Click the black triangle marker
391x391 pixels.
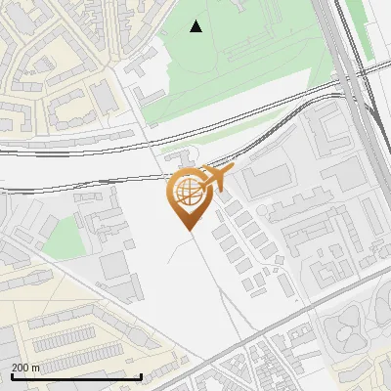click(x=196, y=26)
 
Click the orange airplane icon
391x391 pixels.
click(x=214, y=179)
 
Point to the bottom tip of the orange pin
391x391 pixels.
click(x=187, y=230)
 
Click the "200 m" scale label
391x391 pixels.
click(x=26, y=367)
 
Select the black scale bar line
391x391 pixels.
click(x=75, y=376)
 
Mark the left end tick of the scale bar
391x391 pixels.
click(x=11, y=375)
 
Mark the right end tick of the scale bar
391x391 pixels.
click(x=141, y=375)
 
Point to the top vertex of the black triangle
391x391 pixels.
click(x=196, y=21)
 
